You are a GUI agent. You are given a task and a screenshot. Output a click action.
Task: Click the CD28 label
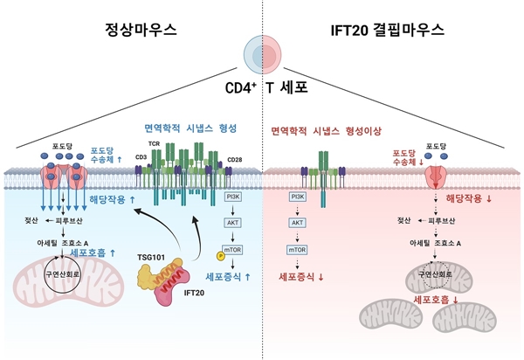(236, 159)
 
